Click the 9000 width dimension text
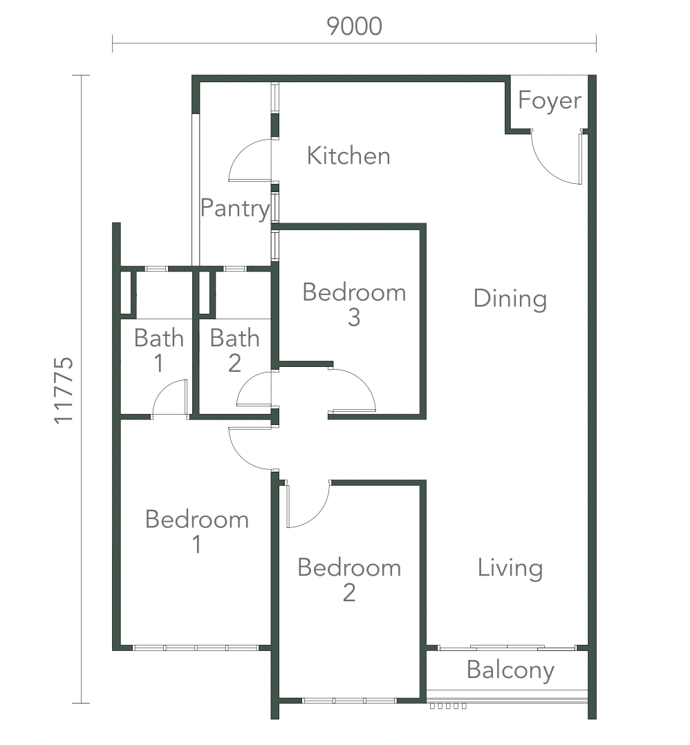pos(354,26)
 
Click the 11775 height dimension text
pos(64,390)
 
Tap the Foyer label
pos(550,101)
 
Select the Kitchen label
pos(348,156)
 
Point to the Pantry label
pos(235,209)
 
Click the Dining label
pos(510,299)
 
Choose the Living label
pos(510,568)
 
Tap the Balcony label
pos(510,670)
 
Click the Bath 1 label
pos(159,350)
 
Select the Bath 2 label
pos(235,350)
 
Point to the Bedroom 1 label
pos(197,531)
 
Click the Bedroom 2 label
pos(349,580)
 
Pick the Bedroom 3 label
pos(354,305)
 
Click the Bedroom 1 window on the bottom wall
pos(195,648)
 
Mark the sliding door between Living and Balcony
pos(507,648)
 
